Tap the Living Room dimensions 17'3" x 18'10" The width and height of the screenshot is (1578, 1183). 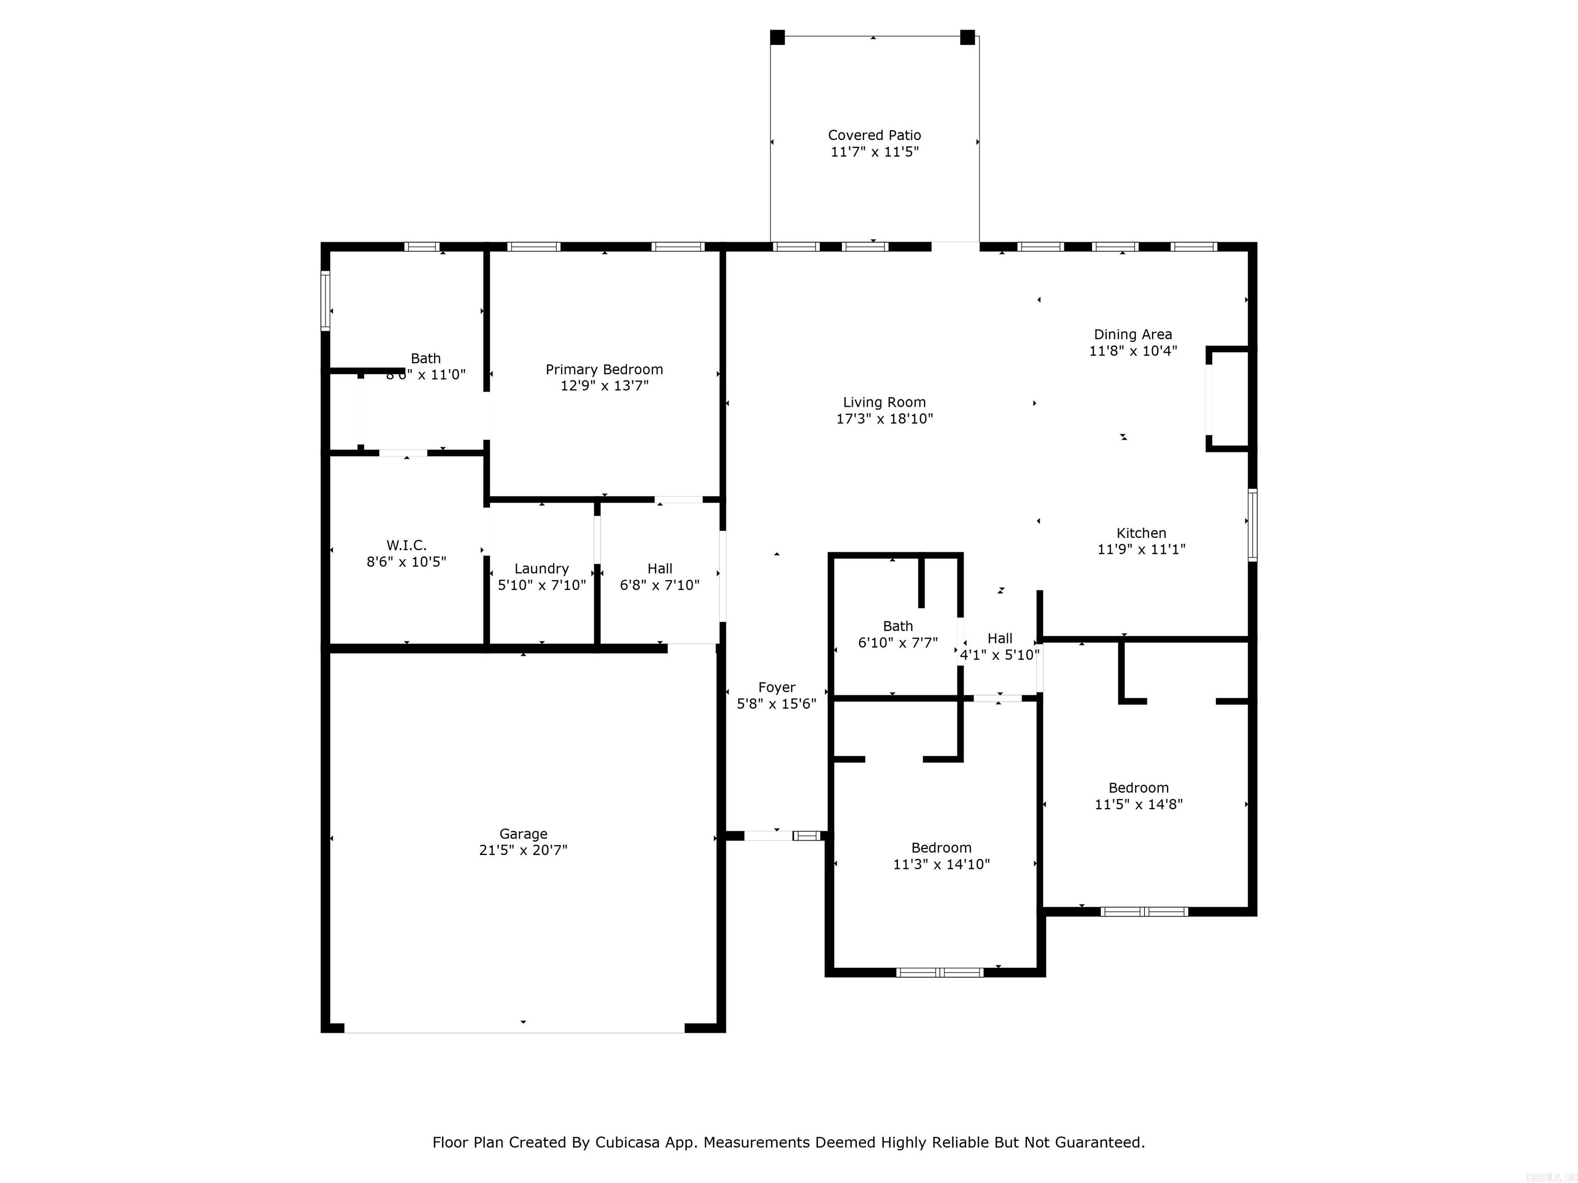pos(884,418)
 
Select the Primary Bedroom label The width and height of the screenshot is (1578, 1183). pos(604,369)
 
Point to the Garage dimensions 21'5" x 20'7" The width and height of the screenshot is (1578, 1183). pos(523,850)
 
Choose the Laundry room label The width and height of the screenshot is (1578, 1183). pos(541,568)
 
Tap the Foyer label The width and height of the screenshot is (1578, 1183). pos(776,688)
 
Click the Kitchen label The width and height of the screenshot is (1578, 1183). pos(1141,532)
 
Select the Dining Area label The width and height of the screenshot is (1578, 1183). pos(1132,334)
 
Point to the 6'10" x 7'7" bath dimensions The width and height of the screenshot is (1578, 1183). pos(897,642)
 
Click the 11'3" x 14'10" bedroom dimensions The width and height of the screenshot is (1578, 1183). pos(941,864)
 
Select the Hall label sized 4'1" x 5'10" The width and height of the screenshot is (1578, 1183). pos(1000,638)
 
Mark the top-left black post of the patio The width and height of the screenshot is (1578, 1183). pos(778,37)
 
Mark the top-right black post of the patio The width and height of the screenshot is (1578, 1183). pos(967,37)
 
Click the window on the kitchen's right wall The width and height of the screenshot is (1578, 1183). pos(1252,525)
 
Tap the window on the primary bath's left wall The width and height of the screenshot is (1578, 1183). pos(325,300)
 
